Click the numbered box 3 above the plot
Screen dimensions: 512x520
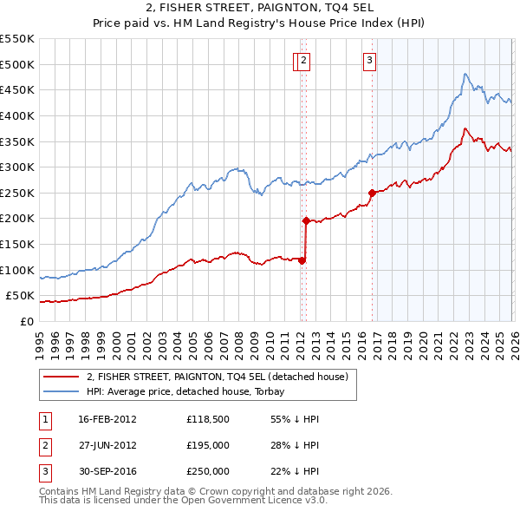pyautogui.click(x=369, y=60)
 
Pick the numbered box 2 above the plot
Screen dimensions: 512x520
pyautogui.click(x=306, y=60)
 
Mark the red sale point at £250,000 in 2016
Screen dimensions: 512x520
pyautogui.click(x=372, y=193)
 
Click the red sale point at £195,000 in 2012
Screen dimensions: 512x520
pyautogui.click(x=306, y=220)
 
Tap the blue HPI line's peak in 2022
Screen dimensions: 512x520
pyautogui.click(x=465, y=74)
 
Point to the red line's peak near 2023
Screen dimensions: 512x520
pyautogui.click(x=465, y=129)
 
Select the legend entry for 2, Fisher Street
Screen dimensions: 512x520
pyautogui.click(x=218, y=376)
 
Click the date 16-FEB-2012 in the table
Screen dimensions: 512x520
pyautogui.click(x=107, y=419)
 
